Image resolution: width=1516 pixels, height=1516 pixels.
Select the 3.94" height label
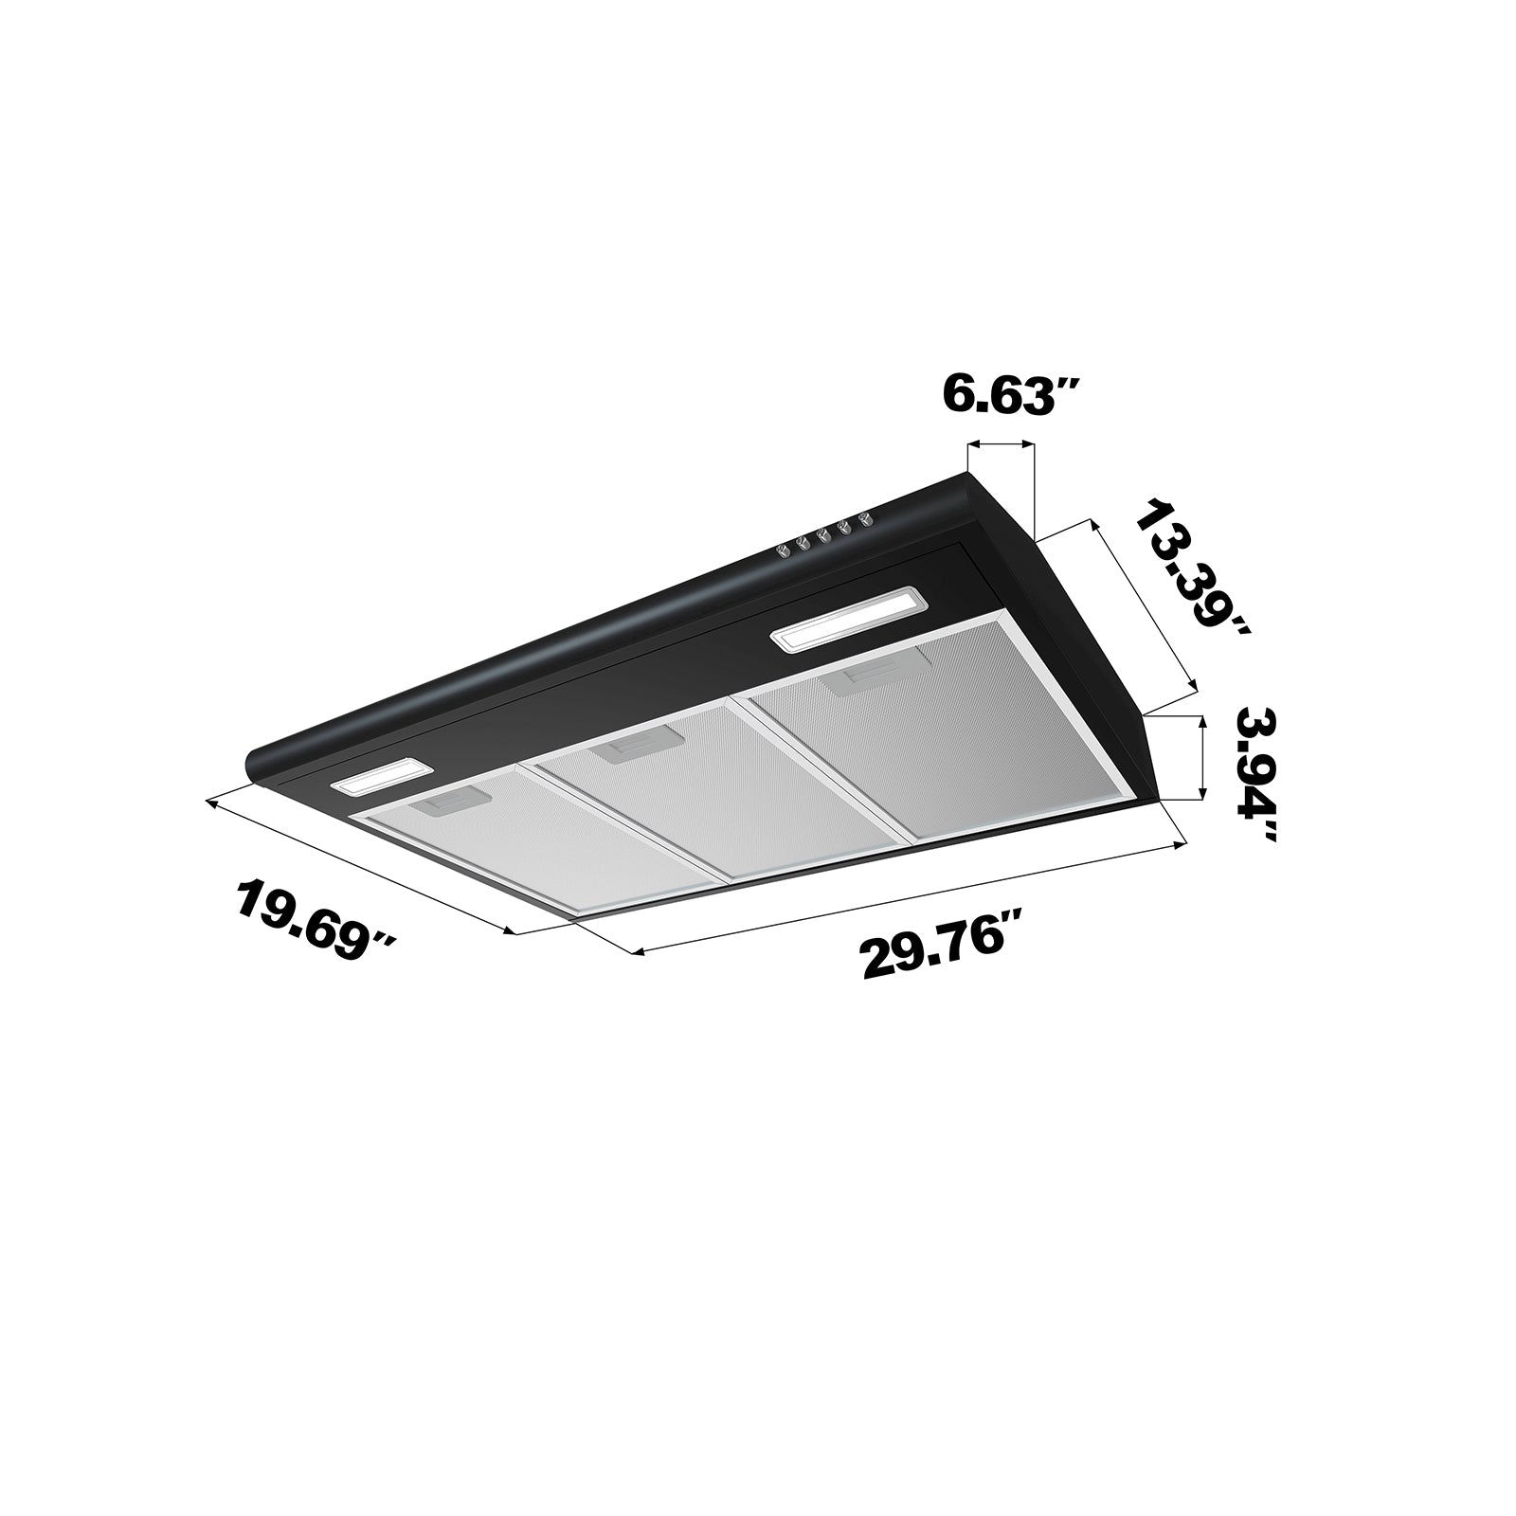coord(1256,773)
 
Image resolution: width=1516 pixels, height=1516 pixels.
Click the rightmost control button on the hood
coord(863,519)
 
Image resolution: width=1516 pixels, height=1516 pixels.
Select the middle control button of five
coord(823,535)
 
